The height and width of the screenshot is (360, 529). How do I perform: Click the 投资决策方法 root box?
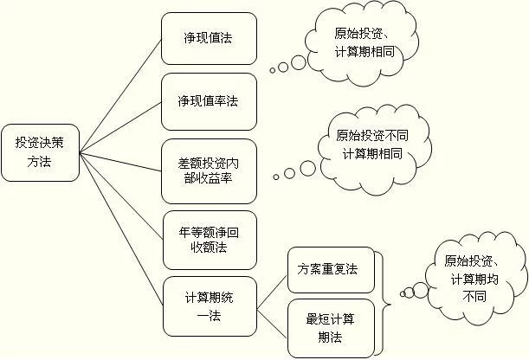[40, 152]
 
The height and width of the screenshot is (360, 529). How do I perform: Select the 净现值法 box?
[209, 38]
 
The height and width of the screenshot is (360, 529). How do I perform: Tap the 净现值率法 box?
[209, 101]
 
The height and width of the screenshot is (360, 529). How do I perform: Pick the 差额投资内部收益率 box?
[209, 171]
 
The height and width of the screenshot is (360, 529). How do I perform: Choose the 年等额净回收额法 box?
[210, 240]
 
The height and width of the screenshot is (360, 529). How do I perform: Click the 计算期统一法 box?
[210, 306]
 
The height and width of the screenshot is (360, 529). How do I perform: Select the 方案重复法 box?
[331, 270]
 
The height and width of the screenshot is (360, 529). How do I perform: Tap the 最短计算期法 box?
[331, 328]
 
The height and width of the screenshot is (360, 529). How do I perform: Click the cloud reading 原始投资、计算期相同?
[362, 44]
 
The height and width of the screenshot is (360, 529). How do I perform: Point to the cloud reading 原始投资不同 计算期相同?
[375, 150]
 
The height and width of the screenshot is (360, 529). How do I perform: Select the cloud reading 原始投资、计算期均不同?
[476, 278]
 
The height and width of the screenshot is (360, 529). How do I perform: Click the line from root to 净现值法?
[120, 96]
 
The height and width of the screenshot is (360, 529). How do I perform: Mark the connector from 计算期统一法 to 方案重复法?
[272, 292]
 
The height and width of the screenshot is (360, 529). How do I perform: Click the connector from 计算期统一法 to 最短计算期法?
[272, 325]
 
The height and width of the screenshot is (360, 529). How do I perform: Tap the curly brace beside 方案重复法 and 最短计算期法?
[384, 304]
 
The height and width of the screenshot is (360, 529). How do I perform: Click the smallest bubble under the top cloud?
[273, 70]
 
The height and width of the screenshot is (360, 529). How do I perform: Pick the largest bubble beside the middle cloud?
[308, 168]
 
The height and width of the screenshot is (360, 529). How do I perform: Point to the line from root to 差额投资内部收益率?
[120, 162]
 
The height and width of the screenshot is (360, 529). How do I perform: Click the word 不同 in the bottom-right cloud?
[474, 297]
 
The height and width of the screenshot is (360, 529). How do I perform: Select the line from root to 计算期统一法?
[121, 229]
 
